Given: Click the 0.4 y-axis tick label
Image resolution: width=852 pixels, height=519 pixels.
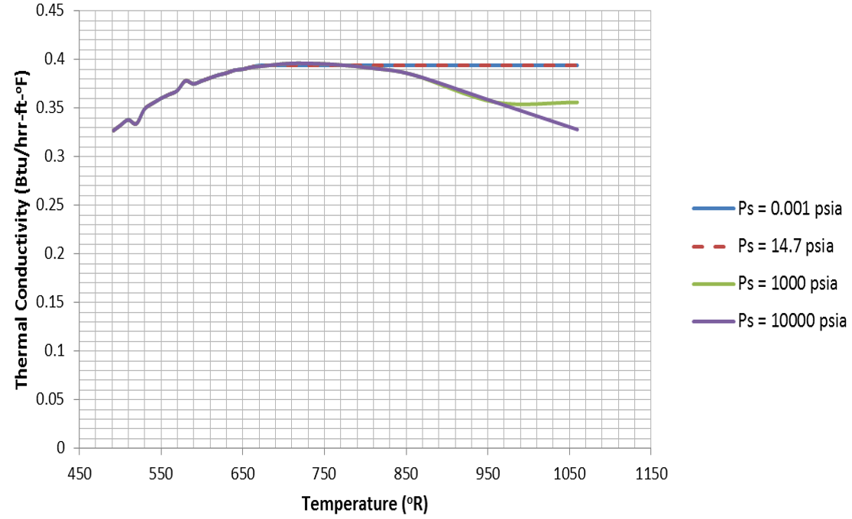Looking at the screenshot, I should pyautogui.click(x=57, y=60).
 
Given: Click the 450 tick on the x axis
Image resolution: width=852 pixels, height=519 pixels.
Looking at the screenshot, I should pyautogui.click(x=79, y=472).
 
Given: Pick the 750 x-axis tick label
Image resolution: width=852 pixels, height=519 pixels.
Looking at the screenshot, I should pyautogui.click(x=324, y=472).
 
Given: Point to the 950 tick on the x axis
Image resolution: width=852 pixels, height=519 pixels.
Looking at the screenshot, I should pyautogui.click(x=488, y=472).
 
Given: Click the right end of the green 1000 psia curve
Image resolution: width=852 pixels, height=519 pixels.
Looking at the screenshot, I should pyautogui.click(x=578, y=102).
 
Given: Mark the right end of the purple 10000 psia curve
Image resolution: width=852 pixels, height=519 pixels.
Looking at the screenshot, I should pyautogui.click(x=578, y=130).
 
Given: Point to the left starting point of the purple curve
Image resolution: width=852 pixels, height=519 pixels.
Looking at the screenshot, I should pyautogui.click(x=113, y=131).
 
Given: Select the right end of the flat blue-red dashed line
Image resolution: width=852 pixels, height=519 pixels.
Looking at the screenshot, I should pyautogui.click(x=578, y=66).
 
